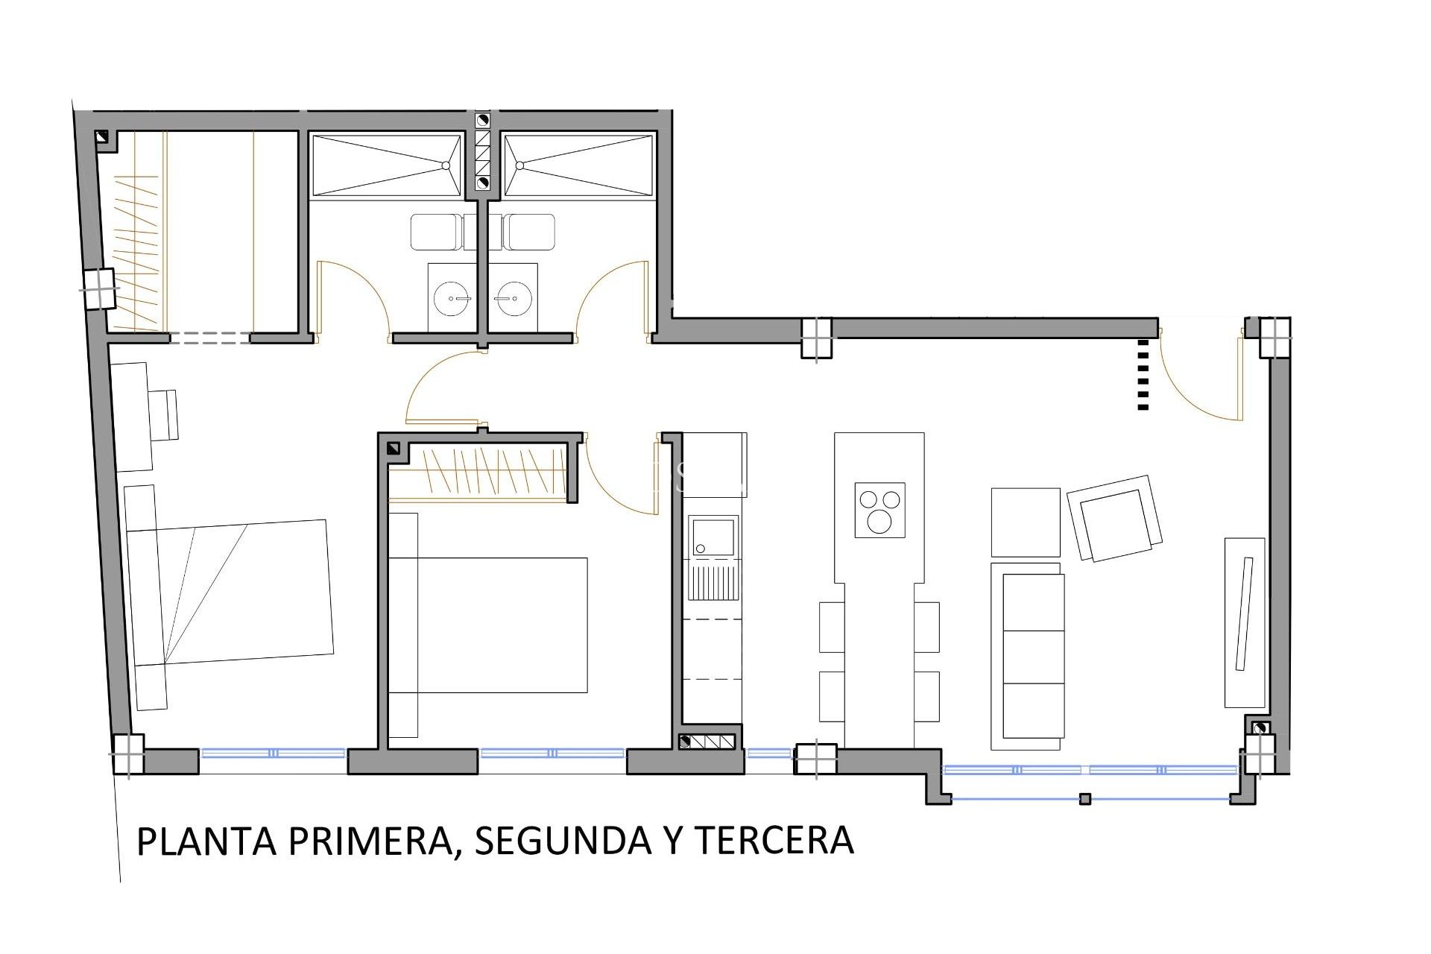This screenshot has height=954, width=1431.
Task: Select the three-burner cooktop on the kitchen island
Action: pos(880,510)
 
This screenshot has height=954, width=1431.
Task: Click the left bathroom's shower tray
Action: pos(387,165)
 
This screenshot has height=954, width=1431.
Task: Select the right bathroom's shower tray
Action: pos(578,165)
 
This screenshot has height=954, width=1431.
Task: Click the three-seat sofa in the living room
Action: pos(1027,656)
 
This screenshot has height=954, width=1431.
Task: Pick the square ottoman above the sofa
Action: pos(1026,522)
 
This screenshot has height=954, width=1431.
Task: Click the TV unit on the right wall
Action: pos(1245,622)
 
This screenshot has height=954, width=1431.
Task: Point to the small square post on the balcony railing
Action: pos(1085,799)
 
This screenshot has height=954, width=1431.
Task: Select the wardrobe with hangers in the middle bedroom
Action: pos(481,473)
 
